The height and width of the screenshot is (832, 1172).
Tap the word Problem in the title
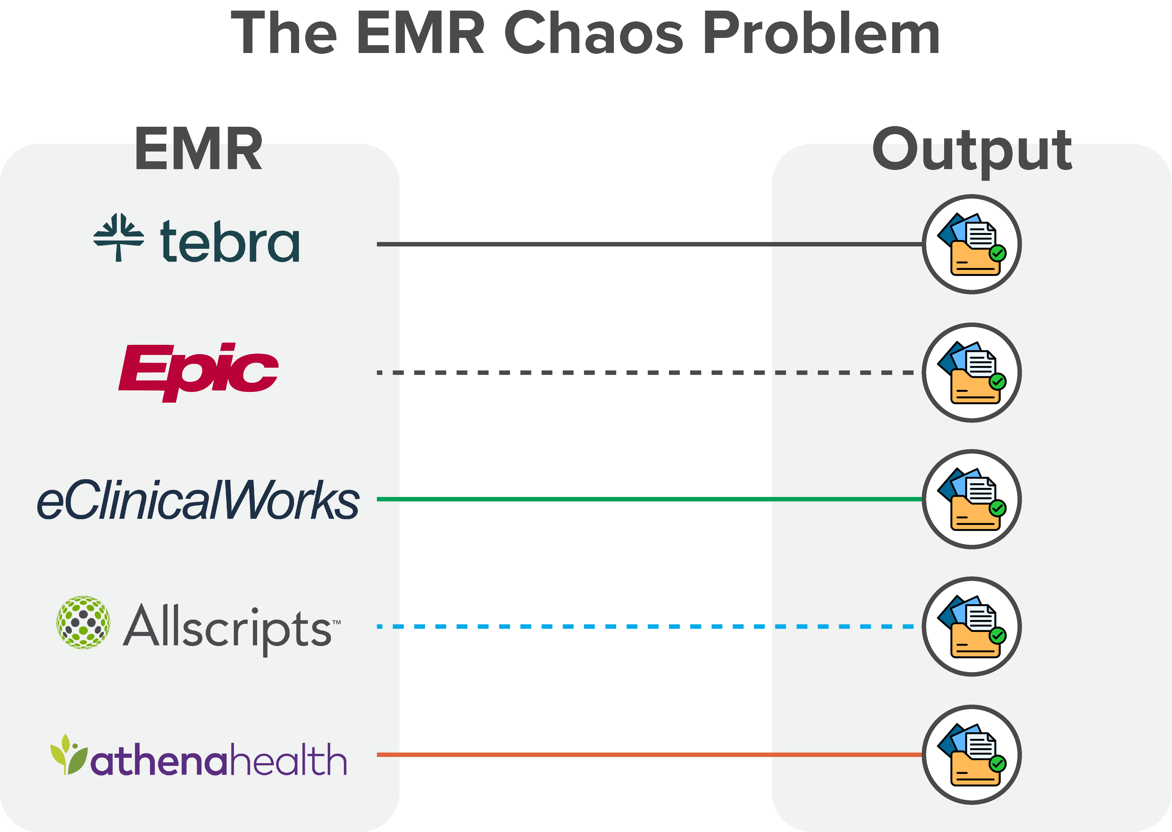tap(821, 33)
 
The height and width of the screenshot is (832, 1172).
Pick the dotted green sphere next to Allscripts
tap(83, 622)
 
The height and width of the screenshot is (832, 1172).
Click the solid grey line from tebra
tap(584, 244)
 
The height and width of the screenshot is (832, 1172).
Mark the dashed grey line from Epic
tap(584, 373)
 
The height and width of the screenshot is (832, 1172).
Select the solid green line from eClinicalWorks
tap(584, 499)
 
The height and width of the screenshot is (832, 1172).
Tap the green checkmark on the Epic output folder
tap(997, 381)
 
